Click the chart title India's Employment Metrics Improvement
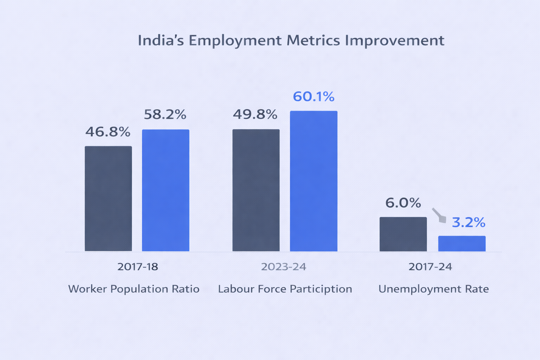(x=291, y=40)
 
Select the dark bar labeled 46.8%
(x=108, y=199)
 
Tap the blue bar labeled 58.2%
(x=166, y=190)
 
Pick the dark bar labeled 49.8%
(x=256, y=190)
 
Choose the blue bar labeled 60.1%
(x=314, y=181)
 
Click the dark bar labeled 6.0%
(x=403, y=234)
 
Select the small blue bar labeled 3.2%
(x=462, y=244)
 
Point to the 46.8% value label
(x=108, y=132)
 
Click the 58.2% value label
(x=165, y=115)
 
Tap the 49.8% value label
(x=255, y=115)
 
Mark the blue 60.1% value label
(x=314, y=97)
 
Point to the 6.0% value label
(x=403, y=203)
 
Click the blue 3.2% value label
(x=468, y=223)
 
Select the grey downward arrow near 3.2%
(x=439, y=216)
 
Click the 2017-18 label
(x=137, y=267)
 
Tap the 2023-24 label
(x=283, y=267)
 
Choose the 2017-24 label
(x=430, y=267)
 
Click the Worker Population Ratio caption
(x=134, y=289)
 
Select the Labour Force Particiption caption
(x=285, y=289)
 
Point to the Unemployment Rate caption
(x=433, y=289)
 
